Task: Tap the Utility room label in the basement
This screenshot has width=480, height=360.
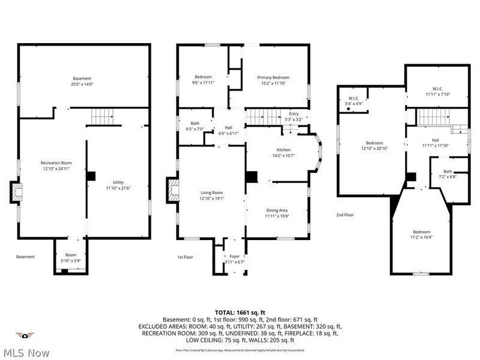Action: [118, 182]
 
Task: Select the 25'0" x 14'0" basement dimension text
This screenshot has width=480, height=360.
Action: [82, 84]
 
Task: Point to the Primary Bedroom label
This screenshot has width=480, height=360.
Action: [274, 77]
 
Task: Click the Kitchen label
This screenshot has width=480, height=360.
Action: [283, 149]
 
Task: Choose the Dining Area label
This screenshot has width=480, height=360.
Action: [278, 210]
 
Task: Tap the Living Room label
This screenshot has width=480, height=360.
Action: [211, 193]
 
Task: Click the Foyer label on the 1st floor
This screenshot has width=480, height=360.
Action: [235, 256]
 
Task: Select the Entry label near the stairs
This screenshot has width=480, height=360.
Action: [293, 114]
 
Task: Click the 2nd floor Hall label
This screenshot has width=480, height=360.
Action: [435, 139]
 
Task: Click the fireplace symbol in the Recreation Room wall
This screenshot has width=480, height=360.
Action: [15, 193]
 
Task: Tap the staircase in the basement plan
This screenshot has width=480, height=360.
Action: [102, 115]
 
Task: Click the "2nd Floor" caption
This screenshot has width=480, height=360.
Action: [345, 215]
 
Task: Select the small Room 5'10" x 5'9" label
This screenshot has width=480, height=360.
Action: [71, 256]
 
